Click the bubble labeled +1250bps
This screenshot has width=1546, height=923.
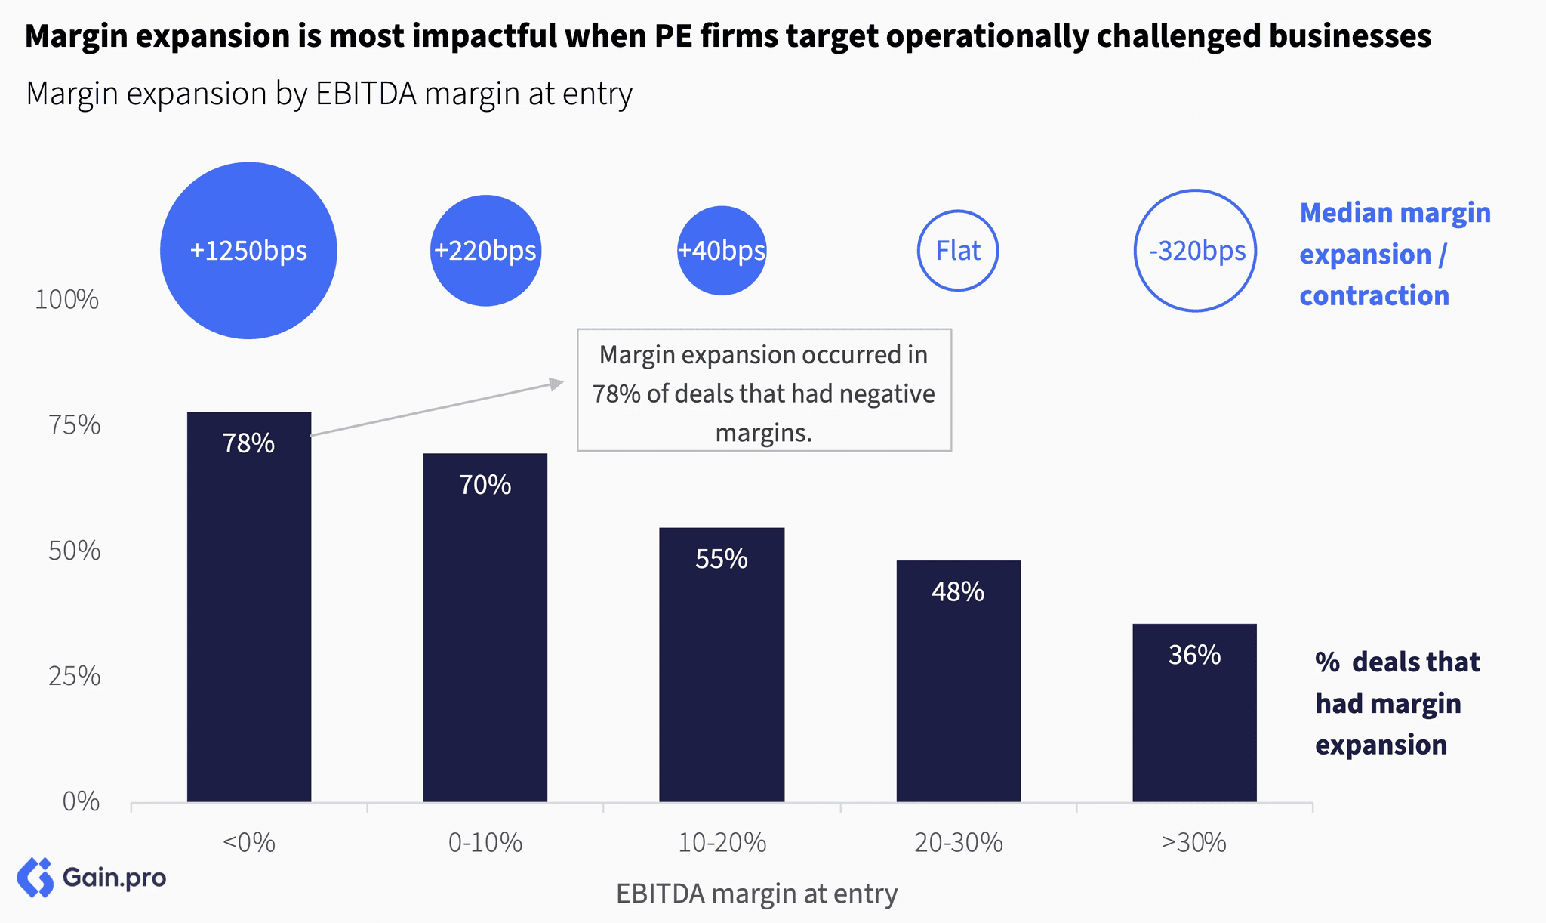pos(248,251)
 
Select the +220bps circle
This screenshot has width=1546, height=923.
pos(485,251)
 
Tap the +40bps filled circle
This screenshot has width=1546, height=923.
pos(722,251)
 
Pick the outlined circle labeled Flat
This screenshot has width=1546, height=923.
pos(958,251)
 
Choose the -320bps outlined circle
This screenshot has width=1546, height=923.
pos(1195,251)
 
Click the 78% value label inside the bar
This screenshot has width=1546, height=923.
pos(248,443)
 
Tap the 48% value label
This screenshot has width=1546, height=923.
pos(958,592)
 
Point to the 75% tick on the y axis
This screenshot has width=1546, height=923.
pos(74,426)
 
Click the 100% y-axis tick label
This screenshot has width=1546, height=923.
pos(67,301)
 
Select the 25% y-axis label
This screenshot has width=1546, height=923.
pos(74,677)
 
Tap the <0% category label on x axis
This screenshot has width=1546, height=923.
pos(248,842)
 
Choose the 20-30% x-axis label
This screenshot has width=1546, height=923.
pos(958,842)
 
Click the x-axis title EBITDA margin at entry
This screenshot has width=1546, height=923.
pos(756,894)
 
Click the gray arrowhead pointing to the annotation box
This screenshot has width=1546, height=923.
pos(557,384)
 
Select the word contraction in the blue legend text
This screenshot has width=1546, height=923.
pos(1374,296)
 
